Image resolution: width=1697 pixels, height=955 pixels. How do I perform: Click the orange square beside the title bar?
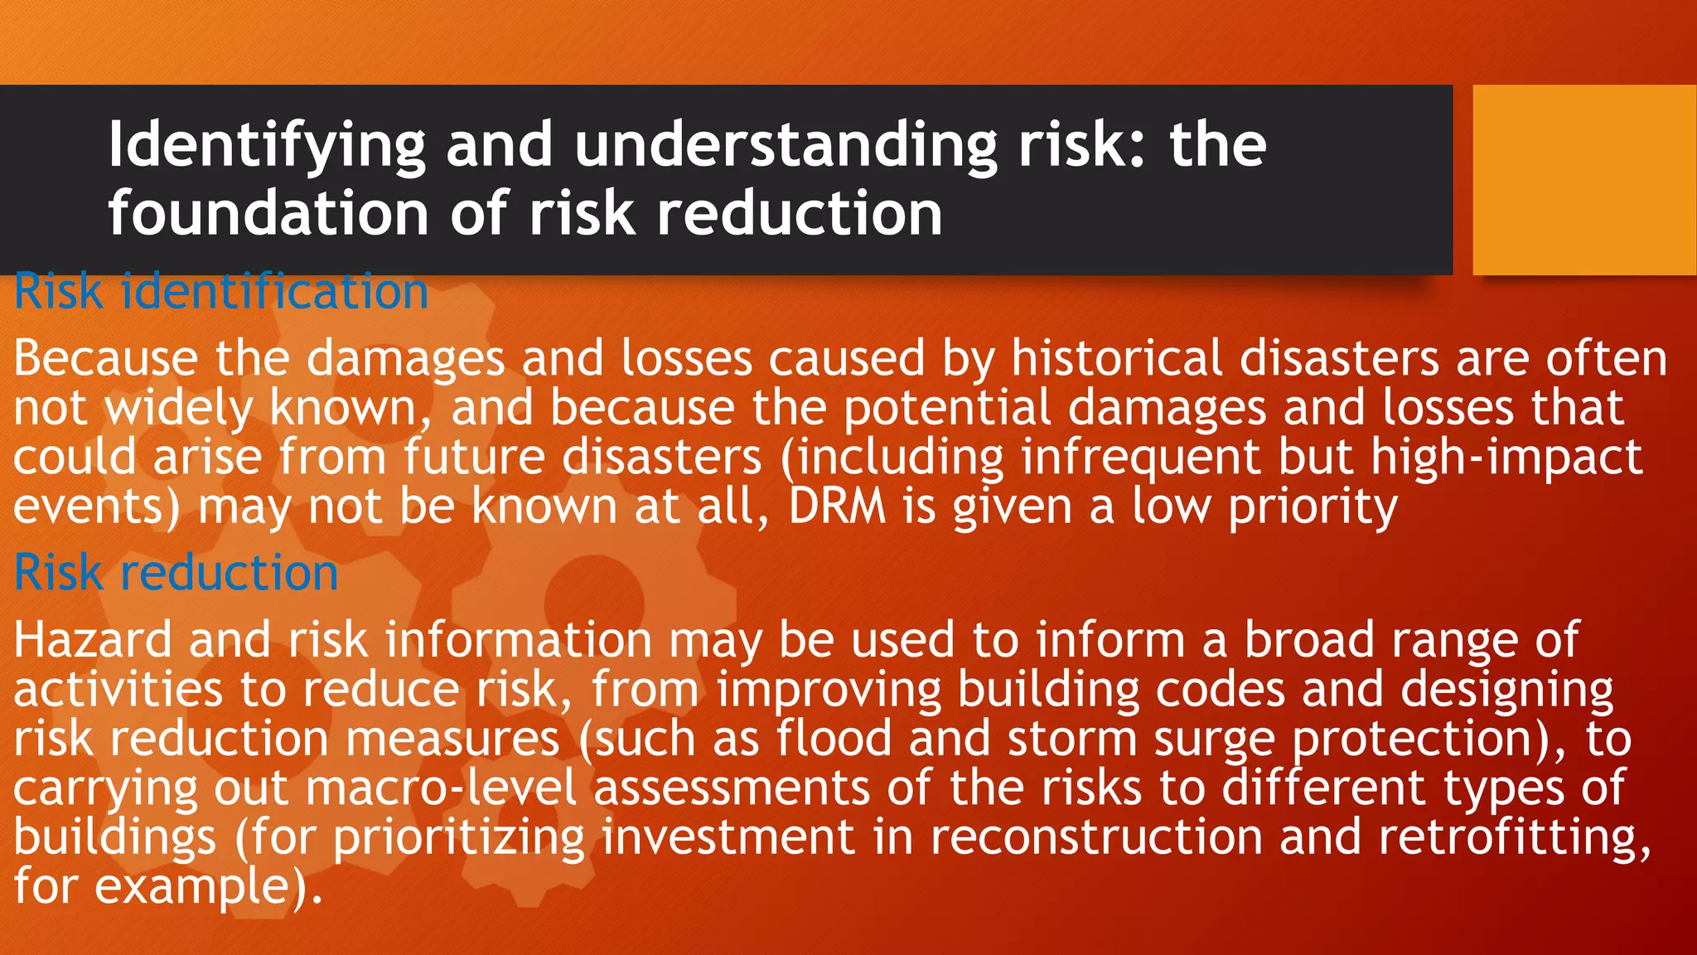pos(1583,180)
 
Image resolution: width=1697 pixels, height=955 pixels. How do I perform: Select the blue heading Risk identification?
pos(221,292)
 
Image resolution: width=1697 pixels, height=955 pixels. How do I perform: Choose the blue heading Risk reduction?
pos(176,573)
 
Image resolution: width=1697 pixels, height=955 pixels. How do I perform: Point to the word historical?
pos(1116,359)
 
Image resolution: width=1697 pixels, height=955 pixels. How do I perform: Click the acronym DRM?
pos(837,507)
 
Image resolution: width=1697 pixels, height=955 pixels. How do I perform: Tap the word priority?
pos(1313,507)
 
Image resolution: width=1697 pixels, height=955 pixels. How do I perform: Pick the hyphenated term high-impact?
pos(1506,458)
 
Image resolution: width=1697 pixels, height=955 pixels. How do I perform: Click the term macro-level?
pos(442,788)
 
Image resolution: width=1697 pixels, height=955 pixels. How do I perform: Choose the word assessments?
pos(732,788)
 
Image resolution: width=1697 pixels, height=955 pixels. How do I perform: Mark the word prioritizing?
pos(459,838)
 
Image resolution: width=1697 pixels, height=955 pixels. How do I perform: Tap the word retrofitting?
pos(1514,837)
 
